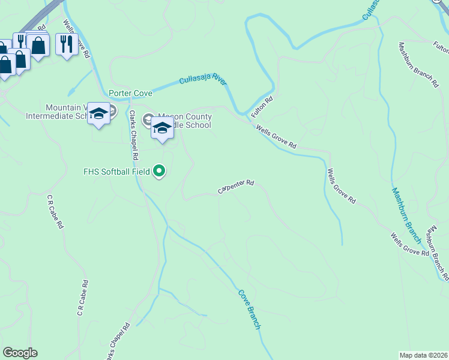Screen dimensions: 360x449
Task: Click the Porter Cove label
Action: click(x=130, y=93)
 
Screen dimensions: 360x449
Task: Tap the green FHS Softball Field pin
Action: click(x=159, y=172)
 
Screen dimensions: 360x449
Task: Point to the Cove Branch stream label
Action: click(x=249, y=309)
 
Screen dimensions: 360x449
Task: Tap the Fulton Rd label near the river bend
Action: click(x=262, y=107)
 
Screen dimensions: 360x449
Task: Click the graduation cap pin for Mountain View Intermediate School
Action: click(x=98, y=113)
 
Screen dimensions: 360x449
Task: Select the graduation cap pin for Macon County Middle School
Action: click(x=161, y=128)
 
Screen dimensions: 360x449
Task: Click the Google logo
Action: click(x=20, y=353)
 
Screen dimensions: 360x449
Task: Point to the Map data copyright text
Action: click(x=423, y=355)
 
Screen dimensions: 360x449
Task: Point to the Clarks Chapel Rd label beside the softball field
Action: click(x=134, y=135)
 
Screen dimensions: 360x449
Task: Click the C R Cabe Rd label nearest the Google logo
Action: click(x=82, y=298)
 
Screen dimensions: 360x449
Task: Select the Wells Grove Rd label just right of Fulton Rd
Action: click(x=276, y=137)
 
